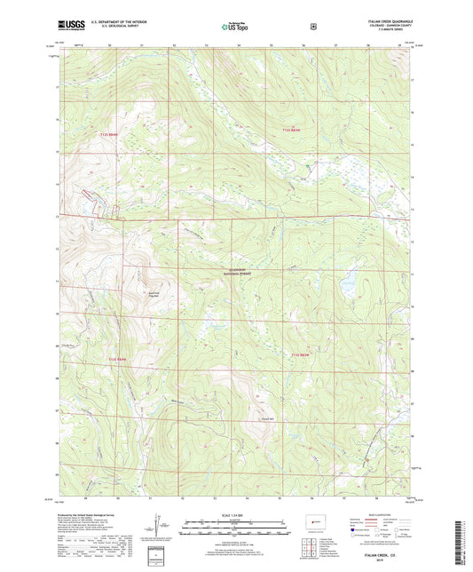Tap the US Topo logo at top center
click(233, 27)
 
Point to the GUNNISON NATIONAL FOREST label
click(237, 271)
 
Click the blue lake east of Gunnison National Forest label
click(347, 288)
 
